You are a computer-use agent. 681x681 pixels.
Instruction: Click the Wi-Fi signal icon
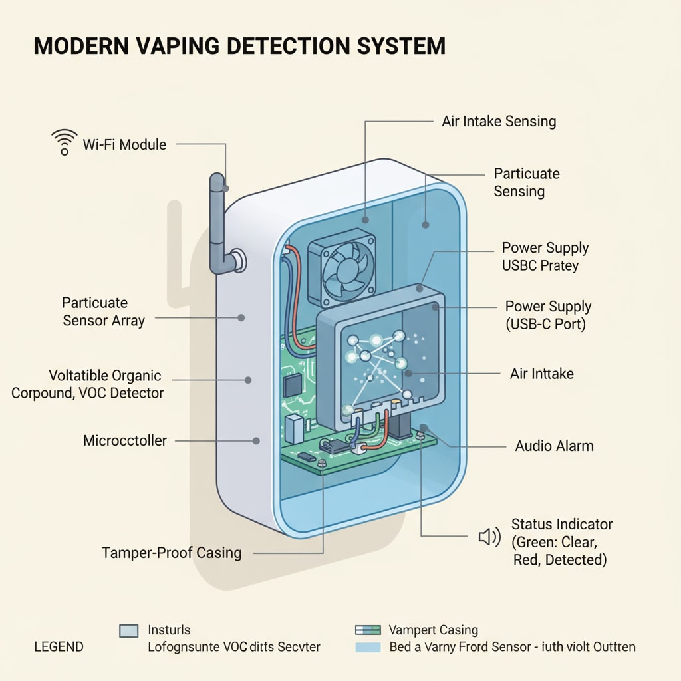(64, 143)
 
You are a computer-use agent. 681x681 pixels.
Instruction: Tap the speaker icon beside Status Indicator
(489, 537)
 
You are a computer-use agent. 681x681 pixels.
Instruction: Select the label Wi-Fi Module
(124, 144)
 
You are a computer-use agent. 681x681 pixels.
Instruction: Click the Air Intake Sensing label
(499, 121)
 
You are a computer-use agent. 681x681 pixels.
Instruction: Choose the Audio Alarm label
(554, 446)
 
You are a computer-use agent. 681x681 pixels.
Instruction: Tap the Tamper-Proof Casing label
(172, 553)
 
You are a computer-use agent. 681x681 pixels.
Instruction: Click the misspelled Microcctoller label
(125, 440)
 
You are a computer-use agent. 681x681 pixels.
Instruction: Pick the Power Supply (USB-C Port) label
(548, 315)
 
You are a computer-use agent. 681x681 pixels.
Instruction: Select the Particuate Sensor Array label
(103, 311)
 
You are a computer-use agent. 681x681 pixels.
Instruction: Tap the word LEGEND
(59, 646)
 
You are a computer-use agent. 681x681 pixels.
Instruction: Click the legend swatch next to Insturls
(128, 631)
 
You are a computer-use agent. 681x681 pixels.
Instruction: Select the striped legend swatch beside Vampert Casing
(368, 630)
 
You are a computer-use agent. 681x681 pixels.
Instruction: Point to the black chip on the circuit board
(292, 384)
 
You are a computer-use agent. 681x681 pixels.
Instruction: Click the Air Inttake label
(541, 374)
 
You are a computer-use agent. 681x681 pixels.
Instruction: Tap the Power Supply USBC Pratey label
(545, 257)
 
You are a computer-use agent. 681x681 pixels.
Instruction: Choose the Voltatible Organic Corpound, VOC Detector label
(87, 384)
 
